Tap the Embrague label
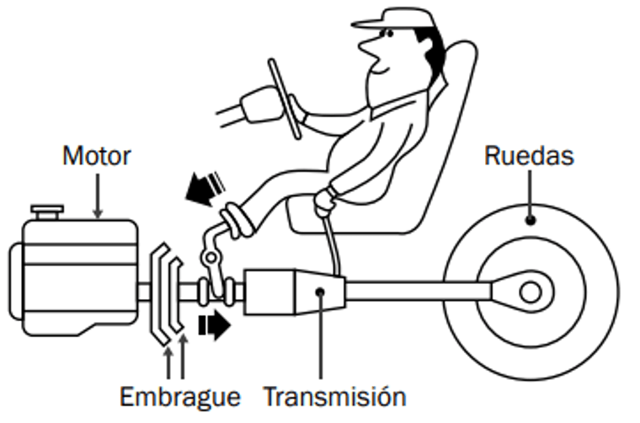(180, 396)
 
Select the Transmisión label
(334, 396)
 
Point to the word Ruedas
(529, 156)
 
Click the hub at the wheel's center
(530, 292)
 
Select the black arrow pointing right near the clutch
(214, 324)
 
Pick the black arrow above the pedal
(201, 187)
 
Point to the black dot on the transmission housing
(320, 292)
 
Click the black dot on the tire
(531, 221)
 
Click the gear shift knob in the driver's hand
(322, 199)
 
